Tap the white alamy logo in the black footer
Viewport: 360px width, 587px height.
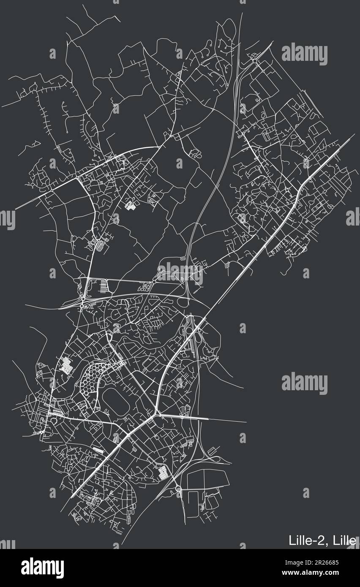click(42, 568)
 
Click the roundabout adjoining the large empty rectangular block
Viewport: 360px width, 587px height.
click(178, 489)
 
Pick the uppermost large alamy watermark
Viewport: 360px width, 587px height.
click(304, 54)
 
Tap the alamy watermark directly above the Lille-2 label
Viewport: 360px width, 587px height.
click(304, 383)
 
